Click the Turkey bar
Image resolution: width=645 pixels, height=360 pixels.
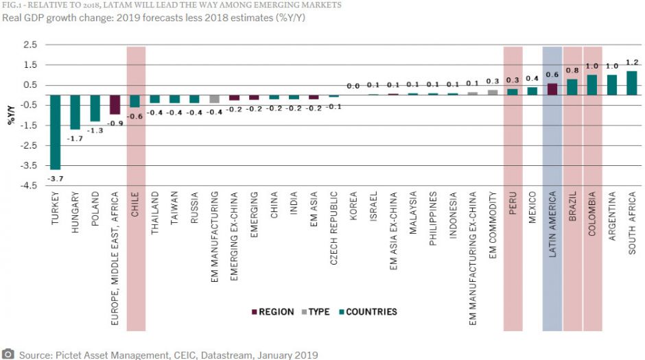(x=56, y=132)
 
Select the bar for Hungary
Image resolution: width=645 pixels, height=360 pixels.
(x=75, y=112)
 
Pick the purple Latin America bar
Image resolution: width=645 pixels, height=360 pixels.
(x=552, y=89)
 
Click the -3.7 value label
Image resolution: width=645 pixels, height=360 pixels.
(x=55, y=178)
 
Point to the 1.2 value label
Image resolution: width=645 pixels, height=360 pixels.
(x=631, y=62)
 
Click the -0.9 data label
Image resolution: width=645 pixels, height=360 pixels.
(x=115, y=123)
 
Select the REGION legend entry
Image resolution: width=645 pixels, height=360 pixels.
(x=274, y=312)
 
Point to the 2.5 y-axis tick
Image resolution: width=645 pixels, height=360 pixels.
(x=30, y=45)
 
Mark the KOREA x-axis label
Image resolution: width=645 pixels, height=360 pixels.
(x=353, y=206)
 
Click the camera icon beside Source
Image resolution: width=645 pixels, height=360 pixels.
(x=8, y=355)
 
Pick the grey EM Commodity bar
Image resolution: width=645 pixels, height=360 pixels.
(x=493, y=92)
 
